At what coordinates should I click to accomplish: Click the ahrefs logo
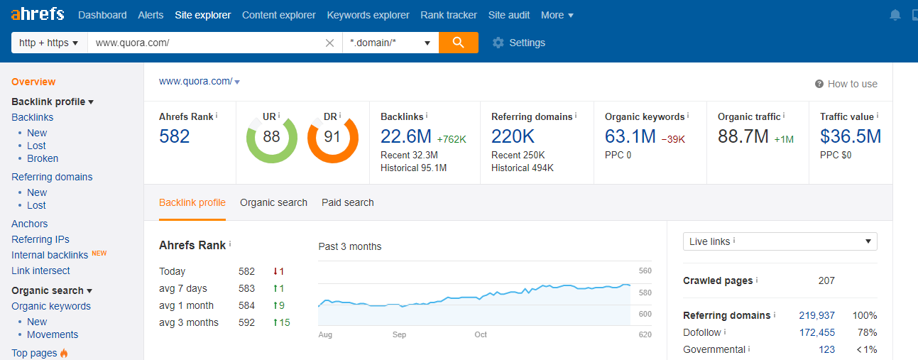38,14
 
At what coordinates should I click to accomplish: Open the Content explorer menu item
279,15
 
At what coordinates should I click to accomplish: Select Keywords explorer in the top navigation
368,15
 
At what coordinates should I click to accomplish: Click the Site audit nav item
509,15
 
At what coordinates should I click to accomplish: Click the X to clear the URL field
329,43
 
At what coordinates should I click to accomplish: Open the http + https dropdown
48,43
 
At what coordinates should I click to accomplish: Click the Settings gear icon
498,43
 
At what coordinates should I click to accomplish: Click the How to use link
846,84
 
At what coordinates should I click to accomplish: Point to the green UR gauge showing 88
271,137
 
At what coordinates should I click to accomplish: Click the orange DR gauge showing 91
332,137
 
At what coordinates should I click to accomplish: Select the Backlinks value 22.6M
405,136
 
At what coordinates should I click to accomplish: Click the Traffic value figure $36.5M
851,136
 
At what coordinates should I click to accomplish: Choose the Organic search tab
273,202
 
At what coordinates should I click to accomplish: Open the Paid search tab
347,202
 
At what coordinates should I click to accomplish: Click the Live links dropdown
780,241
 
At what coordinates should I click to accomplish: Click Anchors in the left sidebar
30,224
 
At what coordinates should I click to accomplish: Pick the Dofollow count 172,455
816,332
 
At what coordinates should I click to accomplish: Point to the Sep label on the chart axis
399,334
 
